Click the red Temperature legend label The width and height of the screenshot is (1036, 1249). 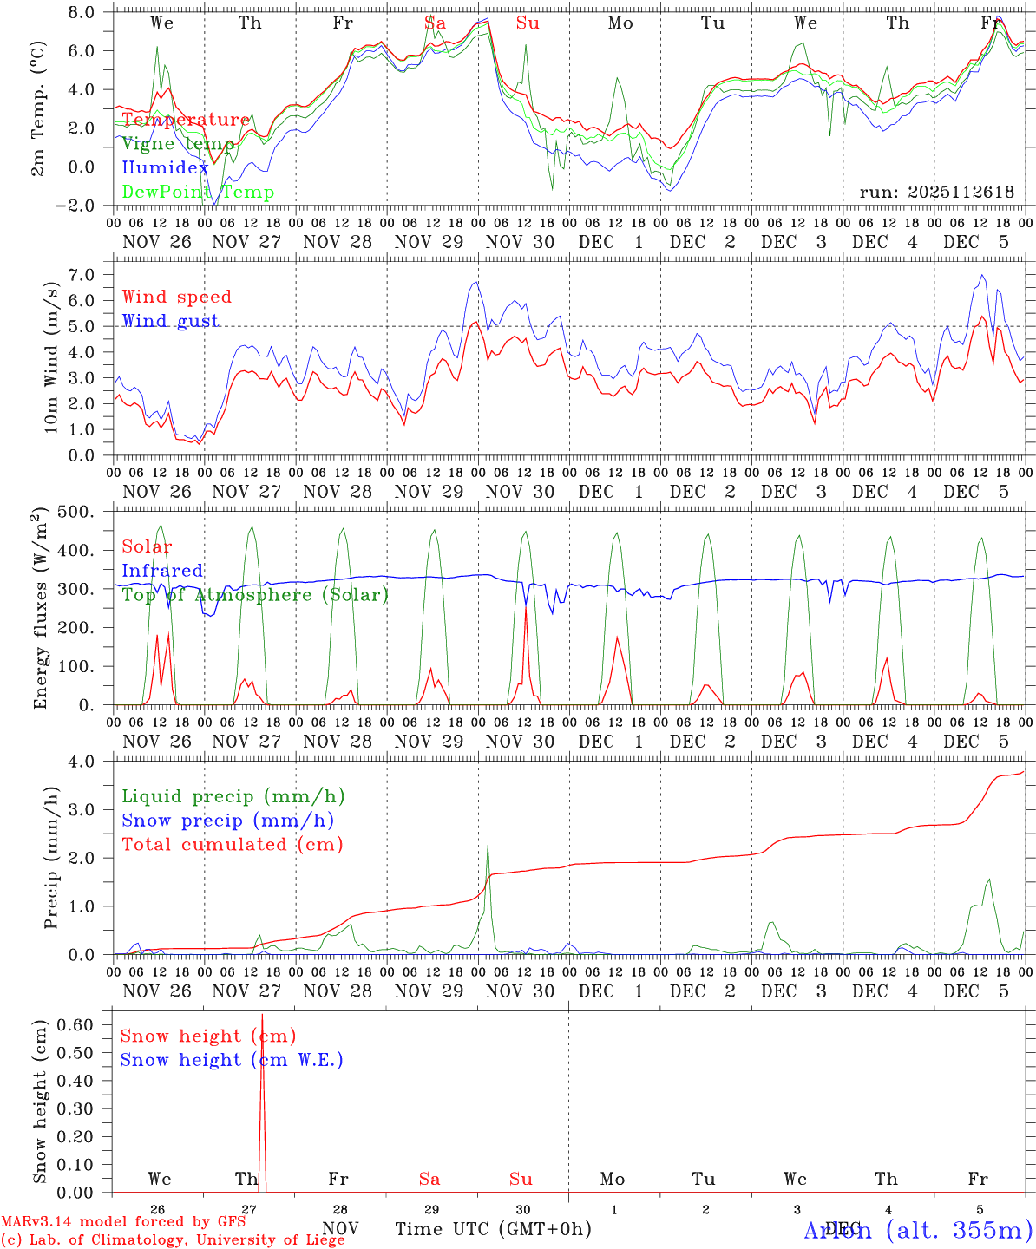[x=186, y=120]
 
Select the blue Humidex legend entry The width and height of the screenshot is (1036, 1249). [x=165, y=168]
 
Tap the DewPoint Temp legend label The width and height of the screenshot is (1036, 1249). [x=198, y=193]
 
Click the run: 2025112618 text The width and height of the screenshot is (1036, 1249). [x=936, y=193]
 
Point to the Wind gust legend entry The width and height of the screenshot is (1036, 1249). [x=170, y=321]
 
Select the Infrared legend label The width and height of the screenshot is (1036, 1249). [x=162, y=571]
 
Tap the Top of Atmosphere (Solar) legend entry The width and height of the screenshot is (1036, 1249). [x=255, y=595]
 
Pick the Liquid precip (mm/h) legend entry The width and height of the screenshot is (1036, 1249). [x=233, y=796]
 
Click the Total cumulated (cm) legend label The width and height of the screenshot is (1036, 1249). [x=232, y=844]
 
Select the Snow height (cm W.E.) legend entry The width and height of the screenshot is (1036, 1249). [x=231, y=1060]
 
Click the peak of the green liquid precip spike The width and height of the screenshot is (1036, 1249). [x=488, y=845]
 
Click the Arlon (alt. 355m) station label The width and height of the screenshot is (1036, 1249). [x=918, y=1230]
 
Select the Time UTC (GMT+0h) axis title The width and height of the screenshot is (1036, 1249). [x=493, y=1229]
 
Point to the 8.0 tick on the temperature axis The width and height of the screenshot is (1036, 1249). [x=83, y=13]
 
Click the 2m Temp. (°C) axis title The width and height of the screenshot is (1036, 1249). [x=38, y=108]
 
